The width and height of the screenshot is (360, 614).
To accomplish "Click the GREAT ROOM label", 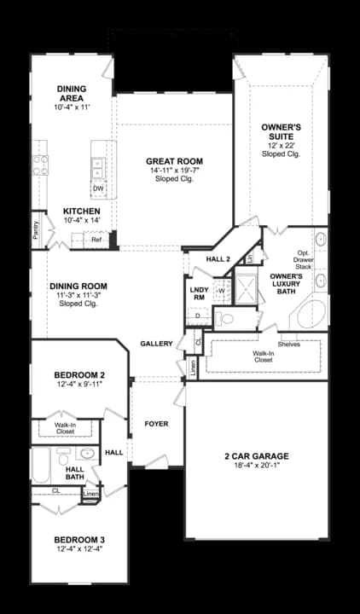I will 173,161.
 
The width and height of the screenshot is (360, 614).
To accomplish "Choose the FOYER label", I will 156,423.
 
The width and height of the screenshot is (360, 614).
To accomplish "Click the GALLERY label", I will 157,344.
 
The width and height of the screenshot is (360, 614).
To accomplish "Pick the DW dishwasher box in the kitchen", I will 98,188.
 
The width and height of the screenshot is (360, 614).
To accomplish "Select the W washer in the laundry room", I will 221,291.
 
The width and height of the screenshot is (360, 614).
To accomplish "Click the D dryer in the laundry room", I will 198,316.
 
